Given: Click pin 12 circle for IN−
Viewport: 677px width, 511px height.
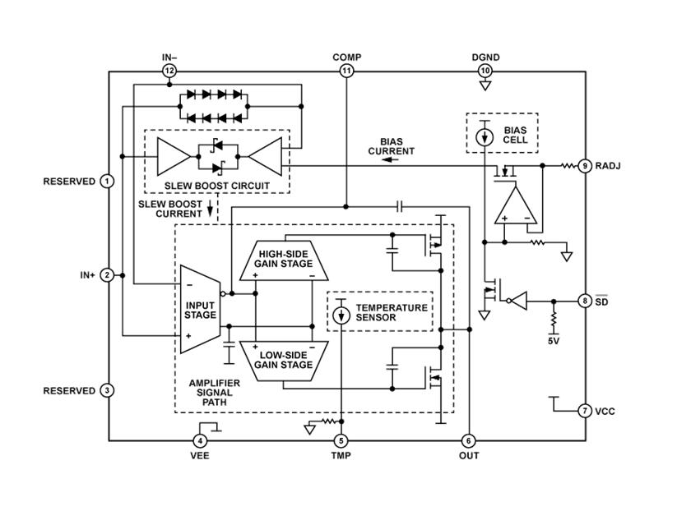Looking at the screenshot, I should tap(169, 71).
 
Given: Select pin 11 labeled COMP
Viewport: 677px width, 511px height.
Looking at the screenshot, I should tap(346, 71).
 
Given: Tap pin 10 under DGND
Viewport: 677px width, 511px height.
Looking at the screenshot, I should tap(485, 71).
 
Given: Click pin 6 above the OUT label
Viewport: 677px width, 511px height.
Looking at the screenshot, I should tap(468, 440).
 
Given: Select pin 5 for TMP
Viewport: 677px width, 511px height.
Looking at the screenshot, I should tap(341, 440).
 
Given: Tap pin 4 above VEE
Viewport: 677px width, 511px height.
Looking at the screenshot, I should tap(201, 440).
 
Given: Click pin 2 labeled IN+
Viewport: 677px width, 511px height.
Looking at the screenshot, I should tap(107, 275).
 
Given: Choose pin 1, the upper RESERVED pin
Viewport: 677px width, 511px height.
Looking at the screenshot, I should tap(107, 181).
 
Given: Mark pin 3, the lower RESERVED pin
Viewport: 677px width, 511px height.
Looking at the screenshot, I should tap(107, 390).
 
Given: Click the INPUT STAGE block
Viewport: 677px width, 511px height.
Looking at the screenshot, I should tap(199, 310).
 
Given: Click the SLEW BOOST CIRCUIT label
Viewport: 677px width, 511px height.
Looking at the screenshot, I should tap(217, 186).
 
